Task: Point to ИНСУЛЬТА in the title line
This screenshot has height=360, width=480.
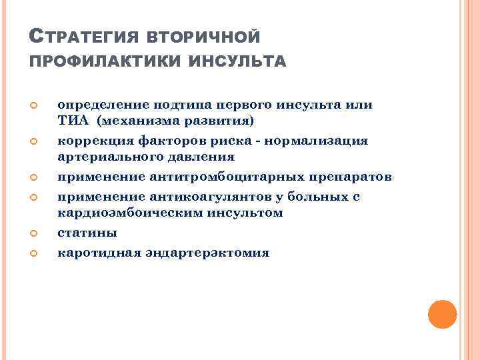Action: tap(238, 61)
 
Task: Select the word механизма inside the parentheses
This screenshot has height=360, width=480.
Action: tap(139, 121)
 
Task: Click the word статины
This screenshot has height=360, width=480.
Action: tap(87, 233)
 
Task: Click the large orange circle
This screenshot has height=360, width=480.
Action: tap(442, 314)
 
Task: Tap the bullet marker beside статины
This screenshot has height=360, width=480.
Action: tap(36, 233)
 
